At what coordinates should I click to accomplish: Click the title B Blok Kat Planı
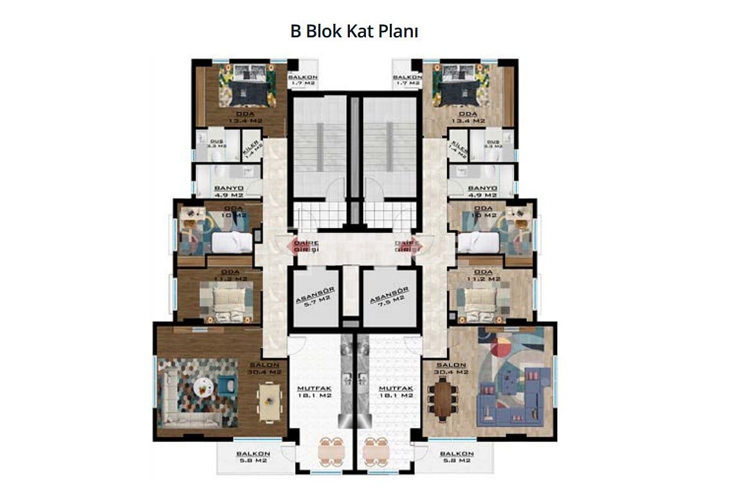pos(354,32)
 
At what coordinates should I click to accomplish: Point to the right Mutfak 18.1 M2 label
pos(396,392)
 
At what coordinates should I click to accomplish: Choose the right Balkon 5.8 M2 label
pos(456,457)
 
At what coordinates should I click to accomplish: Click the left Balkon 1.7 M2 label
pos(302,79)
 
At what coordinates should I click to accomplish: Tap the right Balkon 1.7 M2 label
pos(407,79)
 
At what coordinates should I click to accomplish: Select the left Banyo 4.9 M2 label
pos(228,191)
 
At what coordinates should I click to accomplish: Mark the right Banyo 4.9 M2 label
pos(482,191)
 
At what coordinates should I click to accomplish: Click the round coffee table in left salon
pos(204,386)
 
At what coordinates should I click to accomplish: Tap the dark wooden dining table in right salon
pos(443,398)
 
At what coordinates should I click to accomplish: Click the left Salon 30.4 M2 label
pos(264,368)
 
